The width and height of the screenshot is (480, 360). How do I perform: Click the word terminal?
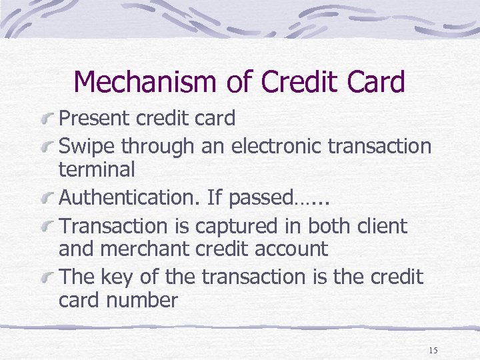coord(97,169)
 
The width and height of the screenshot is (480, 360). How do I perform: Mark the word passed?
coord(266,198)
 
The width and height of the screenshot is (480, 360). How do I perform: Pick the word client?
coord(382,226)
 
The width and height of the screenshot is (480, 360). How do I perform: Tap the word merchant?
coord(140,249)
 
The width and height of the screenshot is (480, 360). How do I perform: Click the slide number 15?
coord(433,350)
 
